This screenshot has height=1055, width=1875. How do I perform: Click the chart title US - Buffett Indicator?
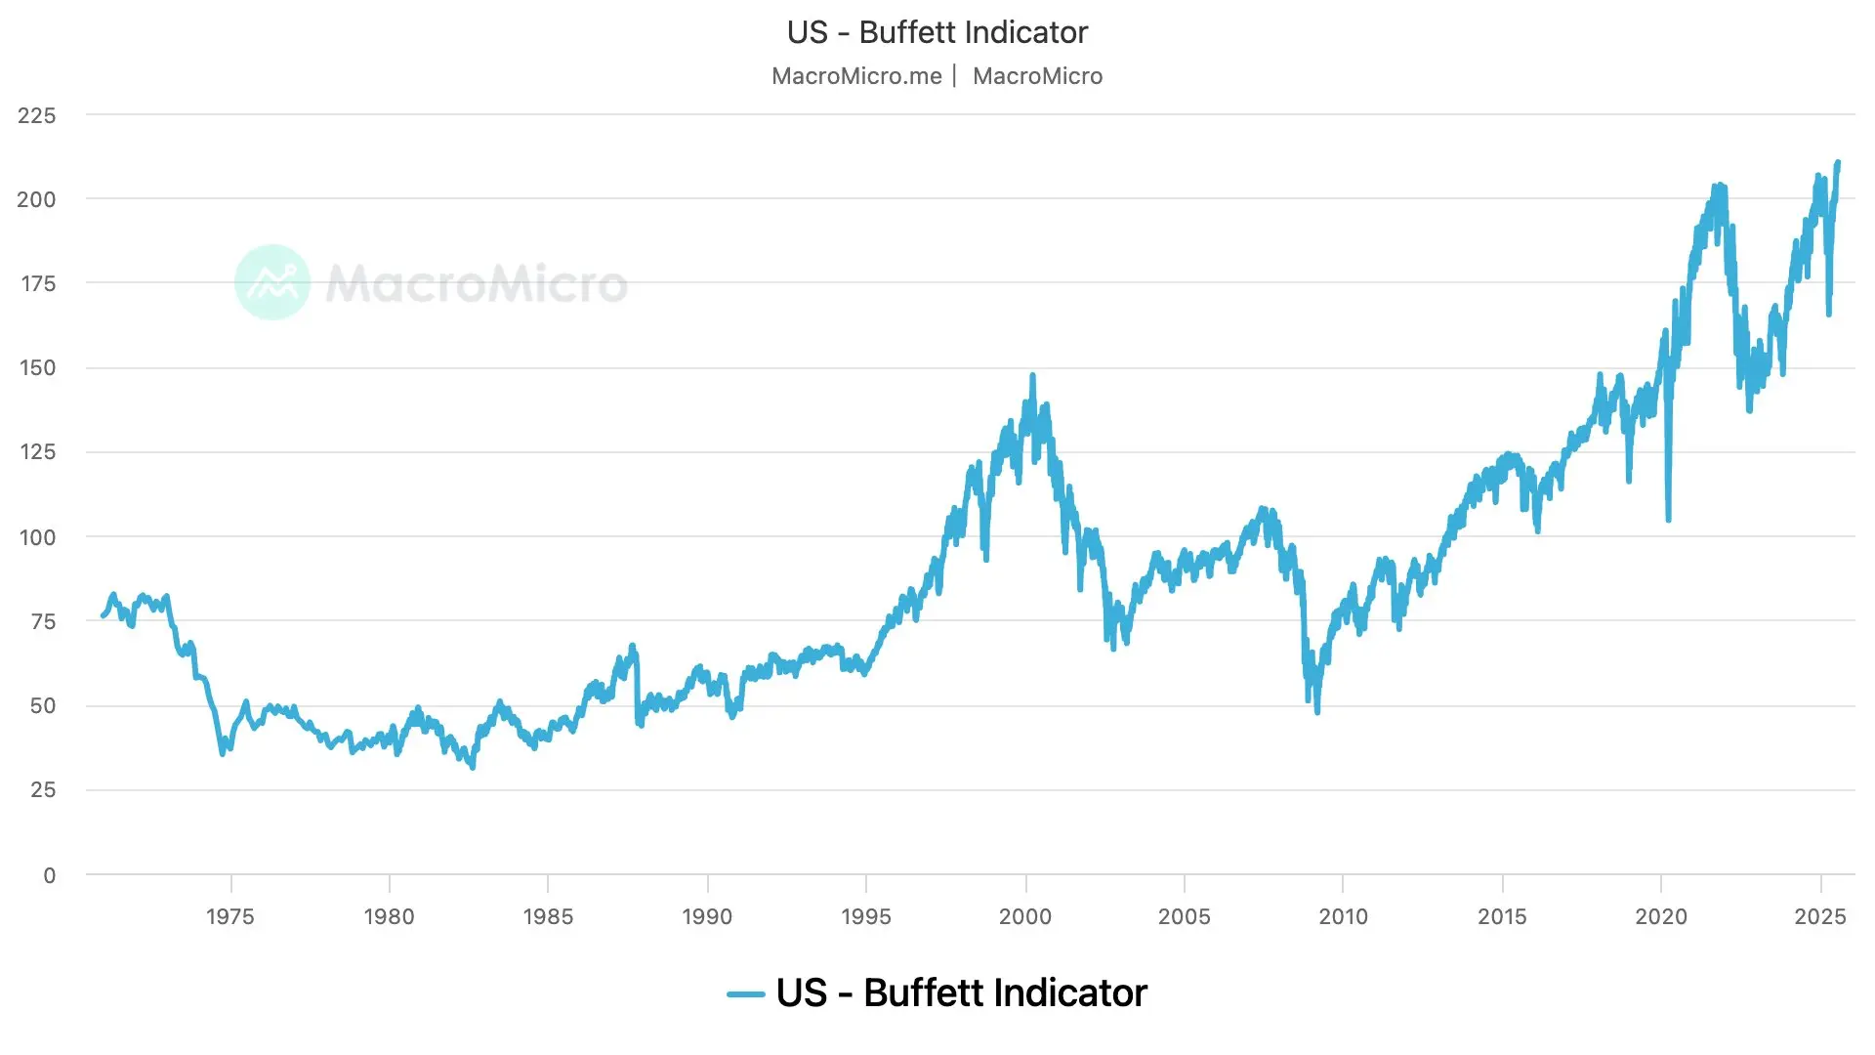(x=937, y=32)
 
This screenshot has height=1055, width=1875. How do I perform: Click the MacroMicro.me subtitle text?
(x=856, y=76)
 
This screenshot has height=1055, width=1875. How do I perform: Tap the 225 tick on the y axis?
(x=37, y=115)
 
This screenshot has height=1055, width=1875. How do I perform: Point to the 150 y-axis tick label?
(x=37, y=368)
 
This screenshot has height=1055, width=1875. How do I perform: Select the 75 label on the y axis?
(x=42, y=621)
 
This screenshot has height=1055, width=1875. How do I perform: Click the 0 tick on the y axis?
(x=49, y=875)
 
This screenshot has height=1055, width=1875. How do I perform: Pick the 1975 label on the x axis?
(x=229, y=916)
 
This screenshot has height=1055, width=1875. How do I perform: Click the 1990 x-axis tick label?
(x=707, y=916)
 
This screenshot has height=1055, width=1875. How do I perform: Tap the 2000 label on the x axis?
(x=1025, y=916)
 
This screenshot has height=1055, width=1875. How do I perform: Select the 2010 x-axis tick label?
(x=1343, y=916)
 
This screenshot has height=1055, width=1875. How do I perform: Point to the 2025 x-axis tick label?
(x=1820, y=916)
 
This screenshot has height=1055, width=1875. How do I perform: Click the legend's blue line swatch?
(x=745, y=994)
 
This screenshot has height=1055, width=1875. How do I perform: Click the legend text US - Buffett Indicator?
(x=961, y=992)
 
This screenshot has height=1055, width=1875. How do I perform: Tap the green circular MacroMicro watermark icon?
(x=272, y=282)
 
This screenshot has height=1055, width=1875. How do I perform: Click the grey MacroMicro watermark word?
(x=477, y=283)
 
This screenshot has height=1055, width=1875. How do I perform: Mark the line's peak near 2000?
(x=1032, y=375)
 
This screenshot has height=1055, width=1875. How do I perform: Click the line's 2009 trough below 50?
(x=1317, y=712)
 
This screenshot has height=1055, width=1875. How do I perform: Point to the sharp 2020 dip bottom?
(x=1668, y=519)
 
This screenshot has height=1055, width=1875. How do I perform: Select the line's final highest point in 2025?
(x=1838, y=162)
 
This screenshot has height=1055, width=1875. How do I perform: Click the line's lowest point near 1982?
(x=473, y=767)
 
